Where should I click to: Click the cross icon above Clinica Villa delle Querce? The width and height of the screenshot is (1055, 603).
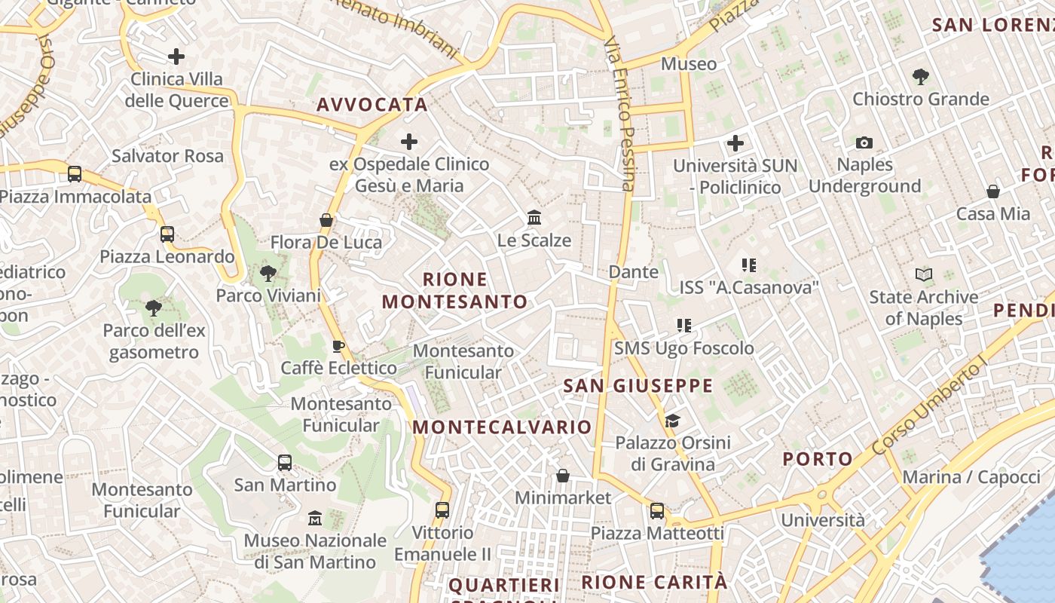[176, 57]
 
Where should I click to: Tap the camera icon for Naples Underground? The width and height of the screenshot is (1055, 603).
[864, 142]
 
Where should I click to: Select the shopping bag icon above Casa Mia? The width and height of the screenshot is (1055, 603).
[993, 191]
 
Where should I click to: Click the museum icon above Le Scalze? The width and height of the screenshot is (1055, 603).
[534, 218]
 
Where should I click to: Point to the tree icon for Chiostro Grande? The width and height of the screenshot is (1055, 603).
[920, 76]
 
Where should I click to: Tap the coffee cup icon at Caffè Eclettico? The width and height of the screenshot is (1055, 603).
[338, 346]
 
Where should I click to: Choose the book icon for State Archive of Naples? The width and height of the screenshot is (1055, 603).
[924, 275]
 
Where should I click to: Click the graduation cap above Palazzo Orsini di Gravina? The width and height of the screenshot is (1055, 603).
[672, 421]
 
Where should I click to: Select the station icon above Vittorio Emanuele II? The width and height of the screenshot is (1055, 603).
[442, 510]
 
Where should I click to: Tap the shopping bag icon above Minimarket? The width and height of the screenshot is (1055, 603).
[562, 476]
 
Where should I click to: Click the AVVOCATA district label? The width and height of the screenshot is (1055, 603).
[372, 105]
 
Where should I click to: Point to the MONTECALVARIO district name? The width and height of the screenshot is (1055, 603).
[502, 427]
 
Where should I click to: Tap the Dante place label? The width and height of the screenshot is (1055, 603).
[633, 271]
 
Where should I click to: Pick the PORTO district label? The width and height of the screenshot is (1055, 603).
[818, 458]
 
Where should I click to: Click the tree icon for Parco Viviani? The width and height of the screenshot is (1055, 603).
[268, 274]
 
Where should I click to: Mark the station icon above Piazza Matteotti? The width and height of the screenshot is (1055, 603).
[657, 511]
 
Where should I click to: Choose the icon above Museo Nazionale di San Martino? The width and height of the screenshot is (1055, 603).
[315, 519]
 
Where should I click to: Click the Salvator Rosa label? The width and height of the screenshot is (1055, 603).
[167, 156]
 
